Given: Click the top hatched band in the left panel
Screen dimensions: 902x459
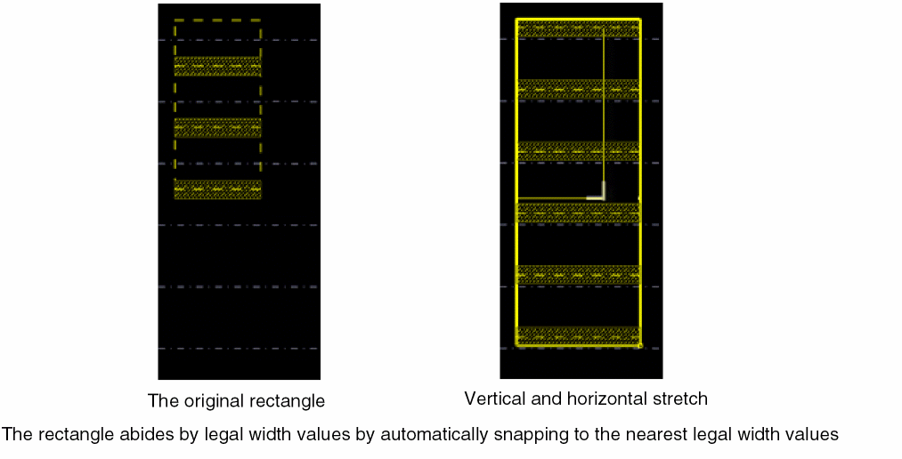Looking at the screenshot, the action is click(217, 66).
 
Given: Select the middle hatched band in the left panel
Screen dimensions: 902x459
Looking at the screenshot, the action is click(217, 127).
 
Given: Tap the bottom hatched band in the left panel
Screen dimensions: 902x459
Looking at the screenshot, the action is click(217, 189).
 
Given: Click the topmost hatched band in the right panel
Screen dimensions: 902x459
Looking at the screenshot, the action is click(578, 28).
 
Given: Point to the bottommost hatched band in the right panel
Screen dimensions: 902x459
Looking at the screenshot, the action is click(578, 336).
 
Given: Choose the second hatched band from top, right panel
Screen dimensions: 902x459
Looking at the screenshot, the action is click(578, 89).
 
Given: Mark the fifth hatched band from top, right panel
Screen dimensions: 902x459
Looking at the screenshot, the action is click(578, 275).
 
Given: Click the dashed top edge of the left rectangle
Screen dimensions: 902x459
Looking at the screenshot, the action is click(217, 20).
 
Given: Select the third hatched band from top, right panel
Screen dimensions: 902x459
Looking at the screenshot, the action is click(578, 151).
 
